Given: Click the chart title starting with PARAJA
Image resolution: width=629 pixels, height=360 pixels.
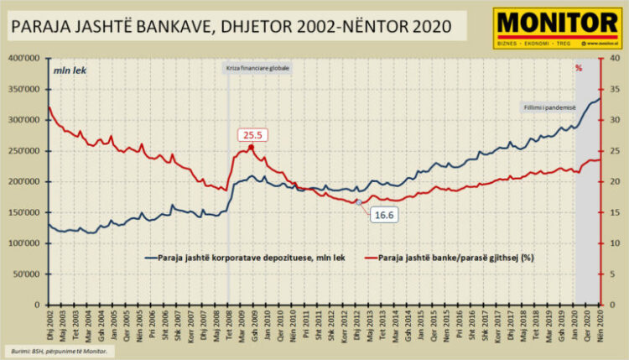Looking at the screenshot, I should click(226, 27).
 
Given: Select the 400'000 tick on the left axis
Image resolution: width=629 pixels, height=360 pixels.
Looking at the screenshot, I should click(28, 59).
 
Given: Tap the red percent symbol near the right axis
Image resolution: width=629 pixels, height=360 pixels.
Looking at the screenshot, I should click(579, 68).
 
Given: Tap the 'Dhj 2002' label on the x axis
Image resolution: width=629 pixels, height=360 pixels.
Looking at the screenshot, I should click(49, 320).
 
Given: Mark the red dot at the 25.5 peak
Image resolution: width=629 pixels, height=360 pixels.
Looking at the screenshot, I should click(252, 148).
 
